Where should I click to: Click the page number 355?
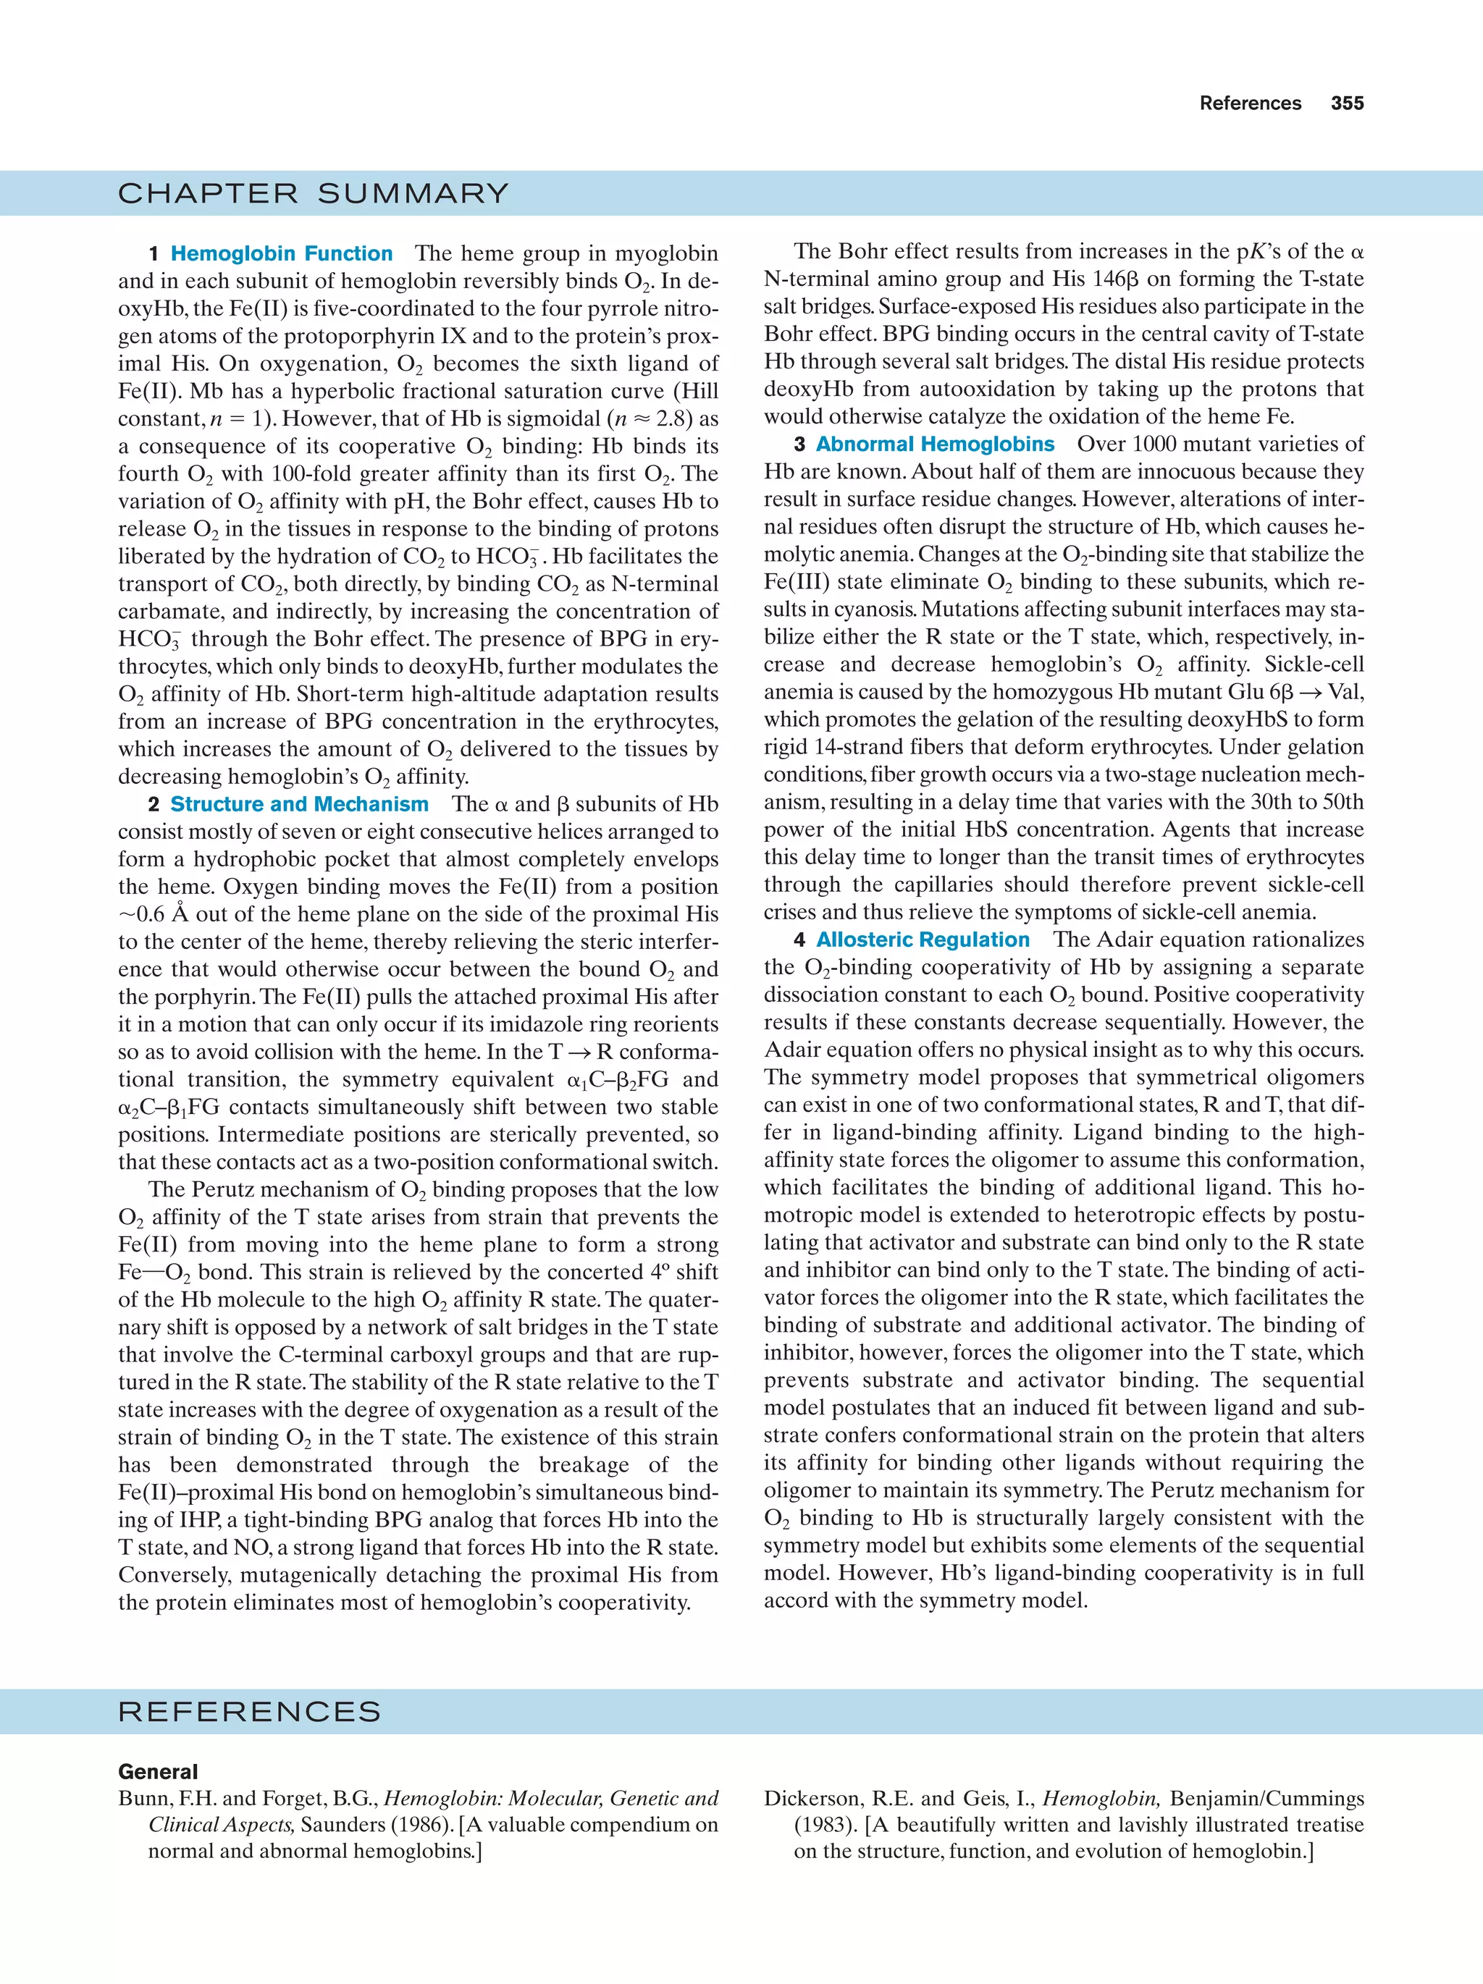(1347, 104)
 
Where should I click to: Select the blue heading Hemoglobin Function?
(281, 254)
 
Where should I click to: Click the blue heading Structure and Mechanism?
(299, 805)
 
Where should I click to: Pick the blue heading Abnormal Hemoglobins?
(935, 444)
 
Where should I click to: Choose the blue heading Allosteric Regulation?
(923, 940)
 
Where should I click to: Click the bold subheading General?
(158, 1771)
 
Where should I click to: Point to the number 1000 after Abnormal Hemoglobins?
(1155, 444)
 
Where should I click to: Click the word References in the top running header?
(1250, 104)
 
